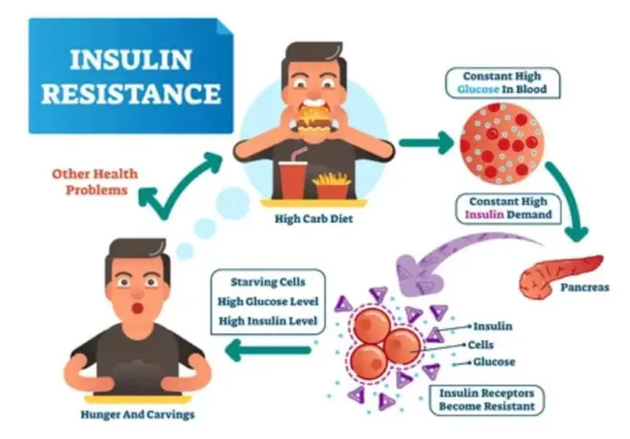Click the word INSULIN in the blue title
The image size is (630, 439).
click(x=125, y=61)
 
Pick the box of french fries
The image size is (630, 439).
click(x=329, y=182)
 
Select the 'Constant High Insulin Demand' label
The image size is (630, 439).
click(x=508, y=208)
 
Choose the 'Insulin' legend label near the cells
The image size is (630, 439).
click(x=493, y=326)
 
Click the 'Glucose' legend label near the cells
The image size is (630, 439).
click(x=495, y=362)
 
